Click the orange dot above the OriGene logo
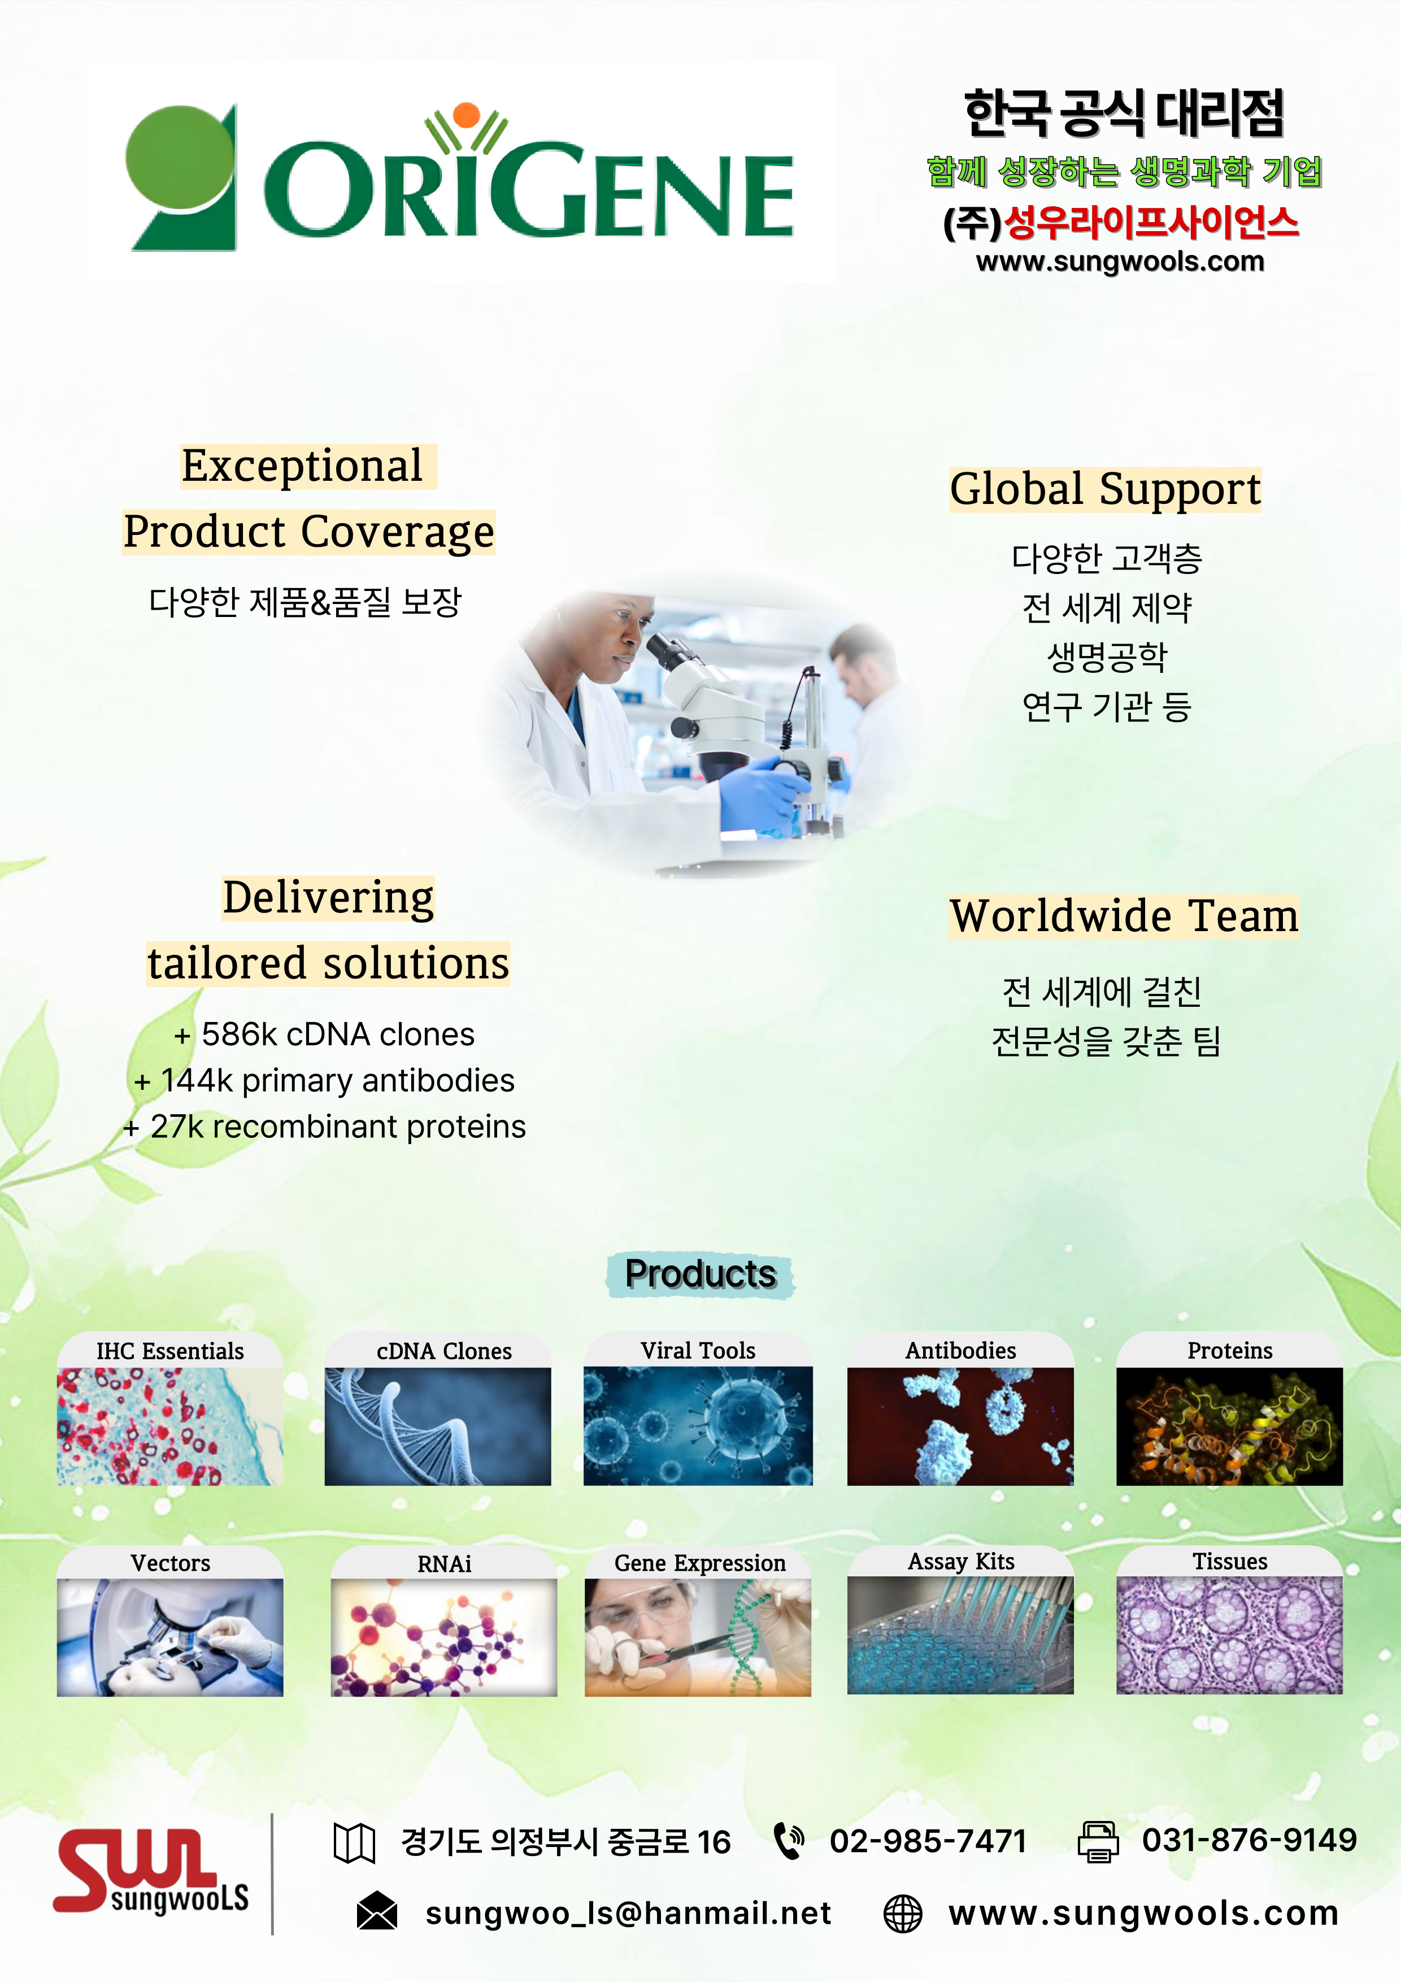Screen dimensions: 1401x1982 [466, 115]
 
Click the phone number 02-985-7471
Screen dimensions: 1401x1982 [928, 1841]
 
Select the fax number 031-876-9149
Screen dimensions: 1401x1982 [1249, 1840]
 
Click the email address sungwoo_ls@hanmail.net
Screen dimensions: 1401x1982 [628, 1914]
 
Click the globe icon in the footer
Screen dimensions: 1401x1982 [903, 1913]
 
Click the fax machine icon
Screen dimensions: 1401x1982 [1098, 1841]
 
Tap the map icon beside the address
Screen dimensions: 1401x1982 [354, 1843]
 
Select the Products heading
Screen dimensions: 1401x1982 [700, 1274]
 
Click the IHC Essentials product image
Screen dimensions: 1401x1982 [170, 1426]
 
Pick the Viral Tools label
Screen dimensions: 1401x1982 [698, 1350]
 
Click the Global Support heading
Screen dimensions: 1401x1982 [1105, 489]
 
